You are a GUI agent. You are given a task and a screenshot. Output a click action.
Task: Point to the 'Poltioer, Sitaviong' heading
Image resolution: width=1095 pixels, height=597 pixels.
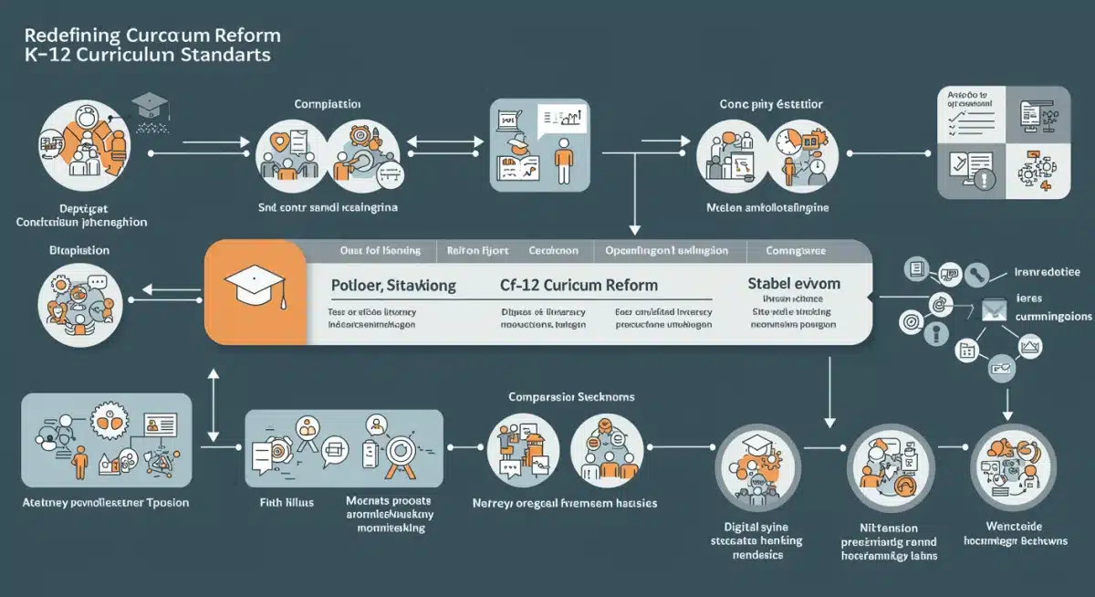tap(391, 286)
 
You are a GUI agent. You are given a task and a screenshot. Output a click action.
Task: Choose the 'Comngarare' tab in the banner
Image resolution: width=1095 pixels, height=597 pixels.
tap(796, 250)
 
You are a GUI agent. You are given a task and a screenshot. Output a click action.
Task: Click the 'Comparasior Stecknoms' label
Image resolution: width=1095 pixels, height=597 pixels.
tap(572, 398)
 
